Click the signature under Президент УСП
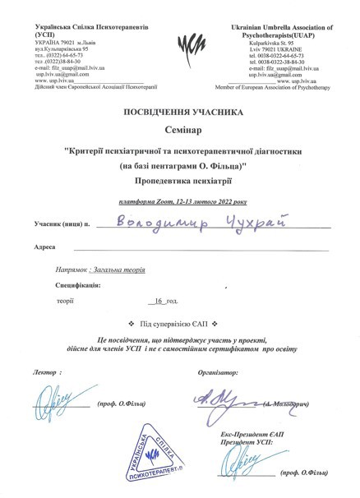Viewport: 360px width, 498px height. point(245,467)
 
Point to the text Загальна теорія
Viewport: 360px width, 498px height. point(123,268)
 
